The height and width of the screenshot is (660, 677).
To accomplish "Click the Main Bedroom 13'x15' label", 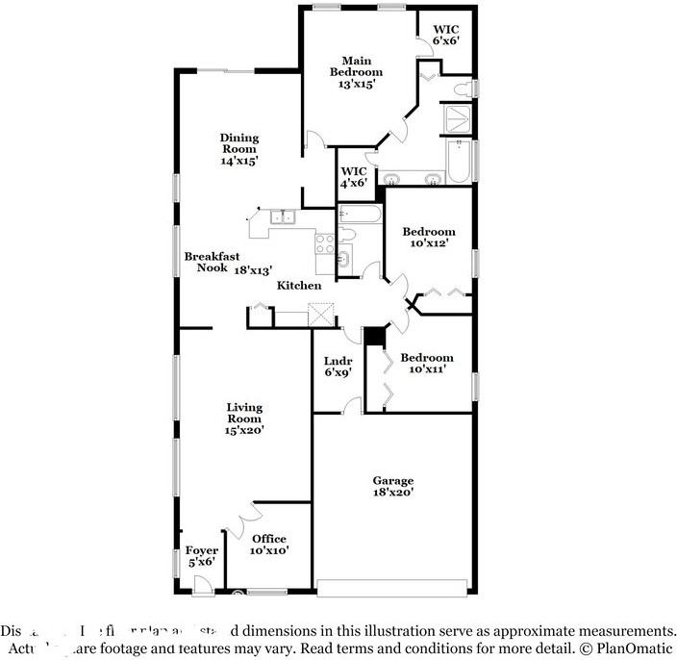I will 356,71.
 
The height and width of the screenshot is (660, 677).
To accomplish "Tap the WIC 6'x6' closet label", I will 445,35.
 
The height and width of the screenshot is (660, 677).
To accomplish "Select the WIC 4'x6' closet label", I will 352,176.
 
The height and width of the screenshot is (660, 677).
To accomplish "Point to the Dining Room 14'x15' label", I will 238,149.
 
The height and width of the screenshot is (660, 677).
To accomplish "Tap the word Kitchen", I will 299,286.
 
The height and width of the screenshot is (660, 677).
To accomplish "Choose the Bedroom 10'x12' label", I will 429,238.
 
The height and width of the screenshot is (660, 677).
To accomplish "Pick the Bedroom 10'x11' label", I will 427,363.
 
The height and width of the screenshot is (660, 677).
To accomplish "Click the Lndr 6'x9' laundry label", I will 338,366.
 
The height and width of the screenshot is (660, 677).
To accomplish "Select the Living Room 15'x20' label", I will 244,419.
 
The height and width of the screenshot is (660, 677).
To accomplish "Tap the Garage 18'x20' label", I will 392,486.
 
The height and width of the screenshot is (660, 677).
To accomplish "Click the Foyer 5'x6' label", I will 201,556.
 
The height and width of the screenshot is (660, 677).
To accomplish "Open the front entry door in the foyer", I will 202,584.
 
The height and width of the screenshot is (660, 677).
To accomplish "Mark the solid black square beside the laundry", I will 373,336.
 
